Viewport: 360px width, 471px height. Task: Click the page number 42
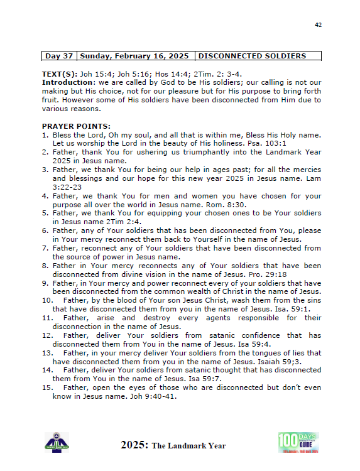point(318,24)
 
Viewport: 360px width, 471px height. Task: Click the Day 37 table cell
point(59,56)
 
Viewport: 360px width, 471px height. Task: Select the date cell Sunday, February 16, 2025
point(136,56)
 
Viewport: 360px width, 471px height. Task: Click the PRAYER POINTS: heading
point(76,126)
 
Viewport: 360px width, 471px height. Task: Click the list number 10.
point(47,300)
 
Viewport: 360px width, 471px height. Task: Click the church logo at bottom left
point(57,442)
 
